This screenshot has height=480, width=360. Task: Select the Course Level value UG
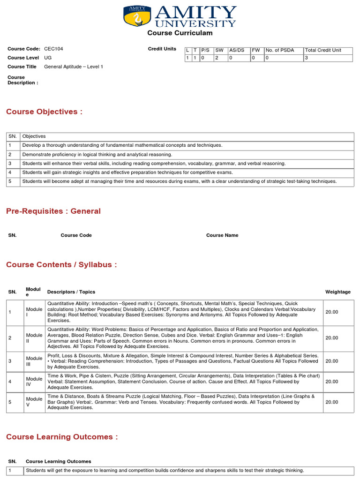(x=48, y=58)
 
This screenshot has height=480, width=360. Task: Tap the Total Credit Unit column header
(x=323, y=50)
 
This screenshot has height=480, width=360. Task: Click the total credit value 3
(x=307, y=58)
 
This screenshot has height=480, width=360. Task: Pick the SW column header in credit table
(x=219, y=50)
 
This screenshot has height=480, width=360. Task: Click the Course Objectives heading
(x=44, y=112)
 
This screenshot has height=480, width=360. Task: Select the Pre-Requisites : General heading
(x=53, y=211)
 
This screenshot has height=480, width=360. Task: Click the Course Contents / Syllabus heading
(x=61, y=265)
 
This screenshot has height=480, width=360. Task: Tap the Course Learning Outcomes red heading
(x=62, y=437)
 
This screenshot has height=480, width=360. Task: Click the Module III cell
(x=34, y=361)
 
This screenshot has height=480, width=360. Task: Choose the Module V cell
(x=34, y=402)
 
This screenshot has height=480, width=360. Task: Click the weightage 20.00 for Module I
(x=331, y=312)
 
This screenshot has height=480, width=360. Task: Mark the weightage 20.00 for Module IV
(x=331, y=382)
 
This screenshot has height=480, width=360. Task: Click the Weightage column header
(x=337, y=292)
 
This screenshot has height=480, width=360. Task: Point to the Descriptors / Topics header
(x=71, y=292)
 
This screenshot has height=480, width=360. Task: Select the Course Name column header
(x=222, y=235)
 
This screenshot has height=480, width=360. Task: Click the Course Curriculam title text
(x=180, y=33)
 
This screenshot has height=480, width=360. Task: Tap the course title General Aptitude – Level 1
(x=74, y=67)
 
